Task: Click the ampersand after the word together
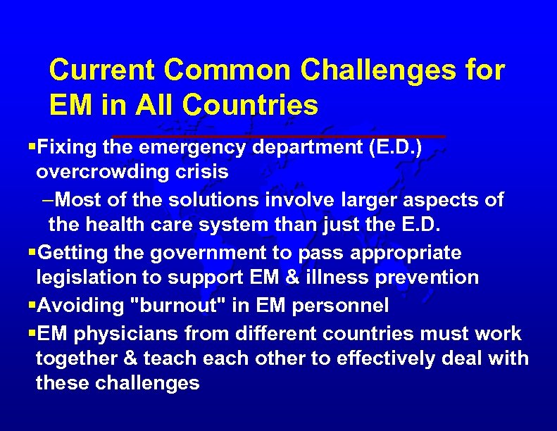click(130, 358)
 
